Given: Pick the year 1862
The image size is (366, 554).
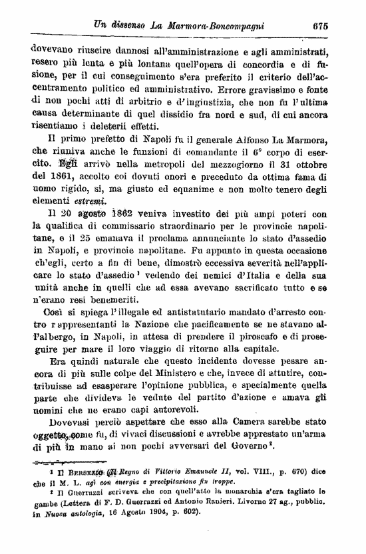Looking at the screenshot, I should tap(132, 215).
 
